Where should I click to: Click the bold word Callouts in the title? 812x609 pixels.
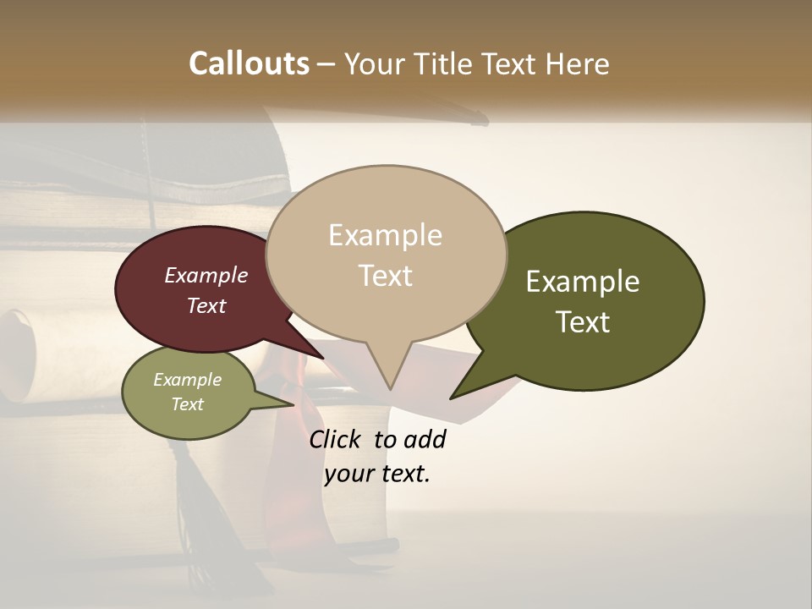(x=249, y=63)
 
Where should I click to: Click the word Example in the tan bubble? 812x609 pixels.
(x=385, y=235)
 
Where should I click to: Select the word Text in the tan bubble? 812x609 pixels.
(x=385, y=276)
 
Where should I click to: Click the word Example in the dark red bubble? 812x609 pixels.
(x=206, y=275)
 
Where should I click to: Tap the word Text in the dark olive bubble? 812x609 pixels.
(x=583, y=322)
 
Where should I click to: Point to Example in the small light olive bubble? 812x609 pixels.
(x=187, y=380)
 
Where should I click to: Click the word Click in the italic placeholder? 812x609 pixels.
(x=334, y=439)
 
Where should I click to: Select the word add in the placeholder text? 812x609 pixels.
(x=425, y=439)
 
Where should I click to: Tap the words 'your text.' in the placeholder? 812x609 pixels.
(x=376, y=474)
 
